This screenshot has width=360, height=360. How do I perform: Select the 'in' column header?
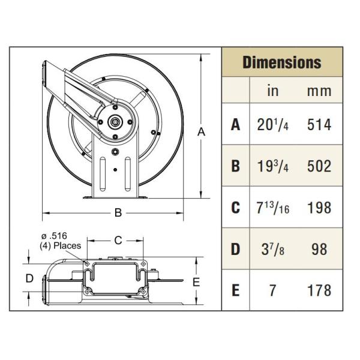coord(272,91)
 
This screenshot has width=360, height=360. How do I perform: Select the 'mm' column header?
coord(319,91)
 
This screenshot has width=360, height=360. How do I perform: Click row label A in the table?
coord(236,124)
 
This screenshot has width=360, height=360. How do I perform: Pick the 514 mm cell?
coord(319,124)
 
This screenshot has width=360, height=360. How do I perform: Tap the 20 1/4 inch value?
coord(273,124)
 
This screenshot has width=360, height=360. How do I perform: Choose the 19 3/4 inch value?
coord(273,166)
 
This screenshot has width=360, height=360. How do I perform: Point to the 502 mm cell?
coord(319,166)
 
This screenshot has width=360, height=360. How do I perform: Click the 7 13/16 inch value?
coord(273,208)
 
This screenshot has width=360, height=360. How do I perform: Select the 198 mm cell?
coord(319,208)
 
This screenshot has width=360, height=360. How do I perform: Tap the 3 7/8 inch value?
coord(273,249)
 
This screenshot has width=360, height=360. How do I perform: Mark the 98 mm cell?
coord(319,249)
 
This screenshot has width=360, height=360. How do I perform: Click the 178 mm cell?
coord(319,290)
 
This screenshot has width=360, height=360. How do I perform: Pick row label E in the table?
coord(236,290)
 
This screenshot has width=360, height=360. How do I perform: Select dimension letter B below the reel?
coord(118,212)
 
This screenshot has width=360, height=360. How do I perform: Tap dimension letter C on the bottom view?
coord(118,240)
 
